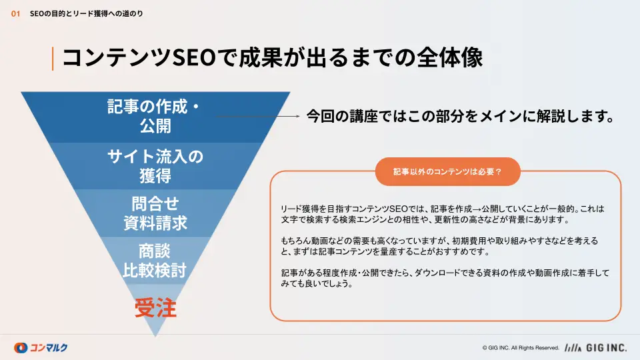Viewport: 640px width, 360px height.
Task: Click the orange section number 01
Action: pos(15,14)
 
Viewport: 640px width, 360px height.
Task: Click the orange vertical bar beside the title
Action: pos(53,59)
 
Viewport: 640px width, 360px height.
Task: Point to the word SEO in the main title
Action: pos(194,57)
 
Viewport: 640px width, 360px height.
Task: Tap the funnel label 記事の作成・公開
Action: pos(155,116)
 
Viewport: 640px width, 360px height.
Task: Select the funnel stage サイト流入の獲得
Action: pos(155,166)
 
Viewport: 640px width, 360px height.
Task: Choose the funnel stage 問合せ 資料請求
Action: pos(155,213)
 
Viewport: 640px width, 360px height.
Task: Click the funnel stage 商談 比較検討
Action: pos(155,261)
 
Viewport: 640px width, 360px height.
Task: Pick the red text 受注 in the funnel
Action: pos(155,308)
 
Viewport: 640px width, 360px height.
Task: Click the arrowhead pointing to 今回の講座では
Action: pos(298,116)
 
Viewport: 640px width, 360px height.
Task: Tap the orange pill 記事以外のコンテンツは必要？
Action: pos(448,172)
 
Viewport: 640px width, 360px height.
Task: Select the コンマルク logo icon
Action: pos(21,348)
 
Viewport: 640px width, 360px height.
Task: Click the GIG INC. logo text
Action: pos(606,348)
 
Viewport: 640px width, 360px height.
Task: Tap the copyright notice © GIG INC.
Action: pos(521,348)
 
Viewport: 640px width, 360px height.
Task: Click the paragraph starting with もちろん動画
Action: pos(439,246)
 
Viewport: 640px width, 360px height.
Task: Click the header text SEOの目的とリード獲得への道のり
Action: pos(87,14)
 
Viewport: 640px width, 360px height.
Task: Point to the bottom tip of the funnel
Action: pos(155,336)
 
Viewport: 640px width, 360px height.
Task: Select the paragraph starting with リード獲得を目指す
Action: pos(443,214)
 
